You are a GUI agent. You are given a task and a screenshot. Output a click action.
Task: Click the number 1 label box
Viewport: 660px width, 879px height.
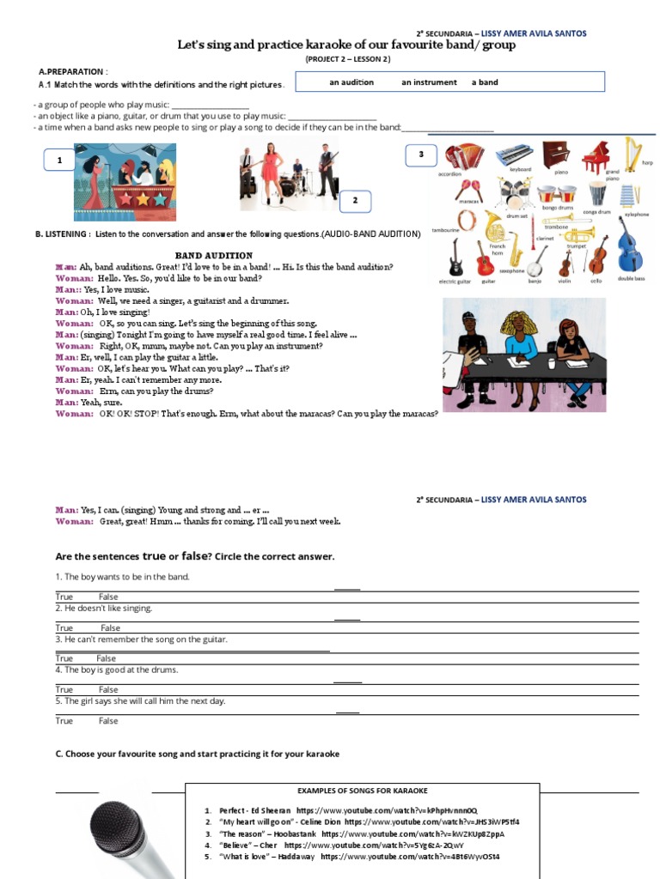pos(59,160)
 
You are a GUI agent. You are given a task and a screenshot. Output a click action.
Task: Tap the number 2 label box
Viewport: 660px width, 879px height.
pos(354,201)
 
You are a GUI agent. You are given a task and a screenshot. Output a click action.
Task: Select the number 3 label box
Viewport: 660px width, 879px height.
pos(421,155)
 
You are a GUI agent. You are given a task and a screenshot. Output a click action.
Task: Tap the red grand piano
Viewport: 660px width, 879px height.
pos(596,156)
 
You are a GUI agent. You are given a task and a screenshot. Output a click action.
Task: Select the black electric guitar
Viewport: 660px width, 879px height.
pos(455,257)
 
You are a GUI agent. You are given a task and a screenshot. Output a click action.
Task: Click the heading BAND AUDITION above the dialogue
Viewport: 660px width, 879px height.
pos(214,255)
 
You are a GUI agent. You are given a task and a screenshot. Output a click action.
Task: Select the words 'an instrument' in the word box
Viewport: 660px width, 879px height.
pos(429,82)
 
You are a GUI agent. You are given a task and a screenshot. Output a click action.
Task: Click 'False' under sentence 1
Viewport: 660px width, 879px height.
pos(108,597)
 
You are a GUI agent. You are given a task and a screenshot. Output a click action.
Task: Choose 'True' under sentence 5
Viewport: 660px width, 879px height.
pos(64,721)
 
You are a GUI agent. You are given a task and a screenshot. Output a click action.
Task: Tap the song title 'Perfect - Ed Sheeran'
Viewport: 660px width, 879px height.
pos(255,810)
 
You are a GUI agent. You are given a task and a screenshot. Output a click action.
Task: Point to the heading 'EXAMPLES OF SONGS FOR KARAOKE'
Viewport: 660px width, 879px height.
pos(362,791)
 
